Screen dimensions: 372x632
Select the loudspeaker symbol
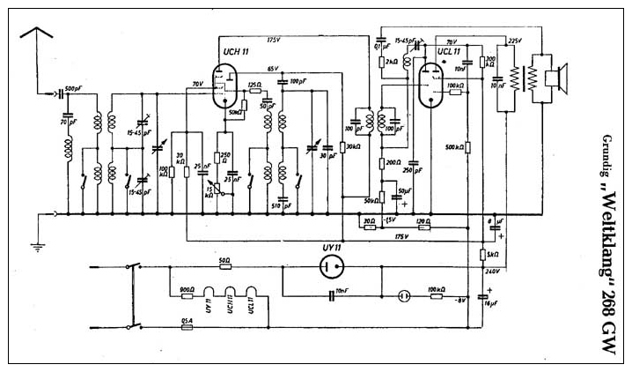pos(555,78)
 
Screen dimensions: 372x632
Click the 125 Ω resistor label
pos(255,83)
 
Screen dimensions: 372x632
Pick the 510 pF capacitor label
pos(283,207)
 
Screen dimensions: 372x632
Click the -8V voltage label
pos(459,301)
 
